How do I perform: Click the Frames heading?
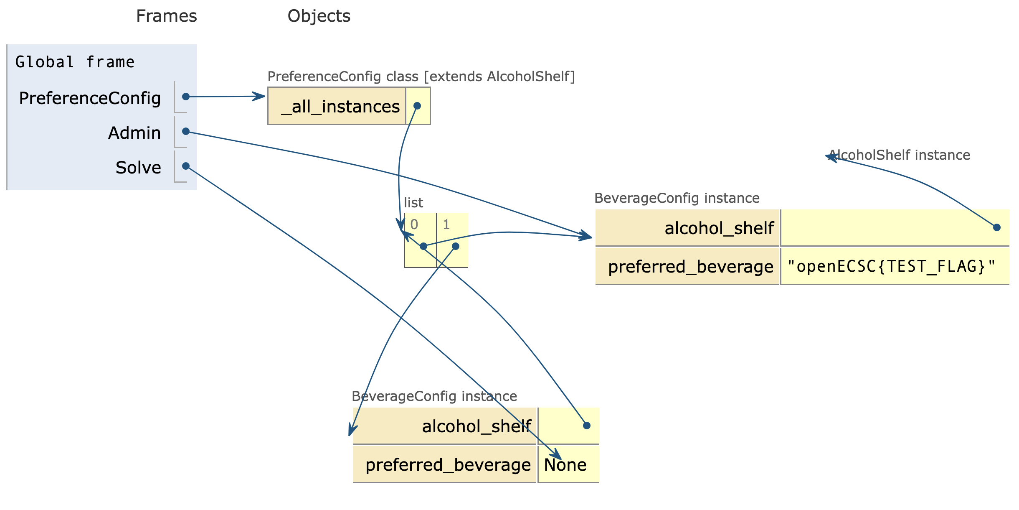[x=166, y=16]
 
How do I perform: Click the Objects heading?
[x=319, y=16]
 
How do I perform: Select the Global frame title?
[x=75, y=62]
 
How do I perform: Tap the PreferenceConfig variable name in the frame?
[x=90, y=98]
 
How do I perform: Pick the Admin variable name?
[x=134, y=133]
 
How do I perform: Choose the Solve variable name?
[x=138, y=168]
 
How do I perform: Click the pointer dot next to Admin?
[x=186, y=132]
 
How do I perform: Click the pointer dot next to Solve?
[x=186, y=166]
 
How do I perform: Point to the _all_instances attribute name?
[x=340, y=107]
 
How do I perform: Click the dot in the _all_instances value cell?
[x=417, y=106]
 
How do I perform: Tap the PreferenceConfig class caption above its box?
[x=421, y=76]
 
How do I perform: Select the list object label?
[x=413, y=203]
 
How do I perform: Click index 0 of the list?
[x=414, y=224]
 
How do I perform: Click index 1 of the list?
[x=446, y=224]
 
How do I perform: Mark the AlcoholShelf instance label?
[x=899, y=155]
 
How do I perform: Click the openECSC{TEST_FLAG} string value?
[x=892, y=266]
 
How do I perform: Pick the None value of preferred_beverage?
[x=565, y=465]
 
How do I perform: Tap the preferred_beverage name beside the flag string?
[x=691, y=267]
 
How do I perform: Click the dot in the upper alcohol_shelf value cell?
[x=997, y=227]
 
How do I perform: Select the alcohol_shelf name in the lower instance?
[x=477, y=426]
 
